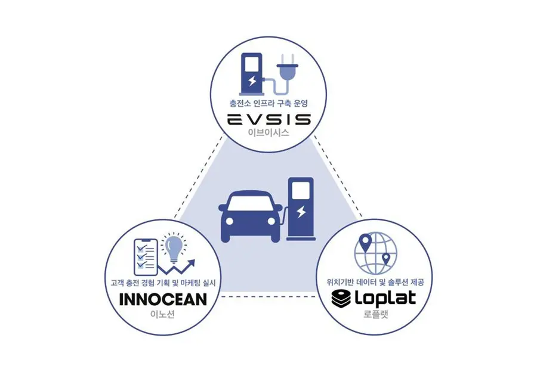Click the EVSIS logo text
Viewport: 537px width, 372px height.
pos(269,120)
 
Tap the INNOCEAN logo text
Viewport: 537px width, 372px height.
pos(163,299)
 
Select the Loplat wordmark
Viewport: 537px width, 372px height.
pos(385,299)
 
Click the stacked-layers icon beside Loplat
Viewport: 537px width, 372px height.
pos(341,299)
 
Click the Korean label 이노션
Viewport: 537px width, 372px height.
pos(163,314)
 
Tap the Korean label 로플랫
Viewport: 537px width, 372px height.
pos(376,314)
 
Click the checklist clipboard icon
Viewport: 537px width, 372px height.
pos(146,258)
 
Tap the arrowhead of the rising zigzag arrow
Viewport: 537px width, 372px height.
pos(192,263)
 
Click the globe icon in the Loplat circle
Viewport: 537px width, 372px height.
pos(376,253)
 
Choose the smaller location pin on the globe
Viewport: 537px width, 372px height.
pos(386,259)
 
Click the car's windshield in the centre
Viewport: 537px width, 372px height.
pos(250,203)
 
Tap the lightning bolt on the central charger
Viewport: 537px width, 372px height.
pos(301,212)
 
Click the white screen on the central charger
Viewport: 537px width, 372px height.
pos(301,191)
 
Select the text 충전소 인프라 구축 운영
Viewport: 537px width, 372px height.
pos(268,103)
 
